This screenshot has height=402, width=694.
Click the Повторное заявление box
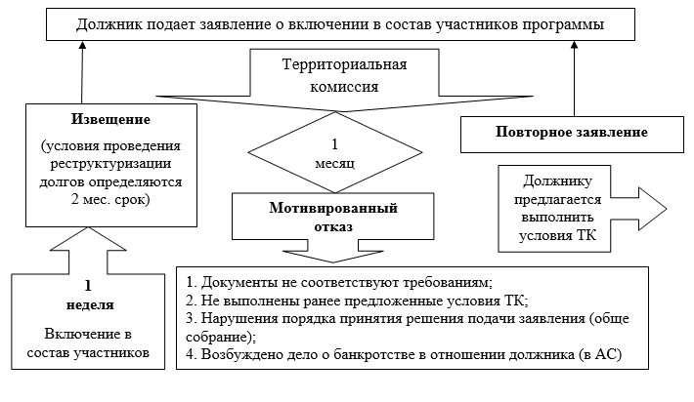tap(556, 131)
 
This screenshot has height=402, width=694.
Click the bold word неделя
tap(86, 303)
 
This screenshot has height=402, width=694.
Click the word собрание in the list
tap(217, 337)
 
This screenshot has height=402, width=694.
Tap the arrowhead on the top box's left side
tap(84, 48)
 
